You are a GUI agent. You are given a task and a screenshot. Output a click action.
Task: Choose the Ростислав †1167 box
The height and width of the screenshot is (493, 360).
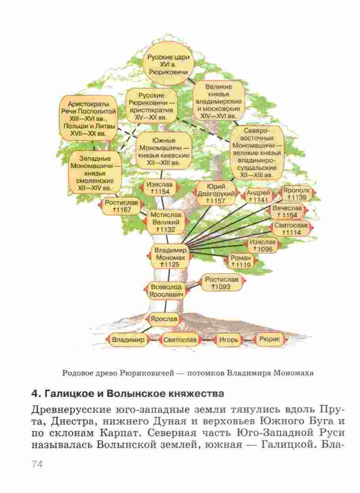point(121,206)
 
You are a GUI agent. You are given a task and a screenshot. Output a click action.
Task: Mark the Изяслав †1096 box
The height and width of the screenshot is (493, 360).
point(262,245)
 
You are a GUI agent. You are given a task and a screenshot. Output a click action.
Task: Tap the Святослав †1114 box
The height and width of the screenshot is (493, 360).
point(290,229)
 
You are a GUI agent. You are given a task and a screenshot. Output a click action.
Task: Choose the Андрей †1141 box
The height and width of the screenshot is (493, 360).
point(259,196)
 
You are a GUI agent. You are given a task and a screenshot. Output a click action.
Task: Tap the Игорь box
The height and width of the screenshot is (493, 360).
point(229,340)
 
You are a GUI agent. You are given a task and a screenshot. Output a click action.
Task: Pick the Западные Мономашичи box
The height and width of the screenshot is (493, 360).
point(95,173)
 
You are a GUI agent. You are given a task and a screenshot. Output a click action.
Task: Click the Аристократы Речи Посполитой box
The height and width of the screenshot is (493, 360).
point(88,118)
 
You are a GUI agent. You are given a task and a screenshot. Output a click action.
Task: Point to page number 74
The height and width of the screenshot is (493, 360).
point(36,464)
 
